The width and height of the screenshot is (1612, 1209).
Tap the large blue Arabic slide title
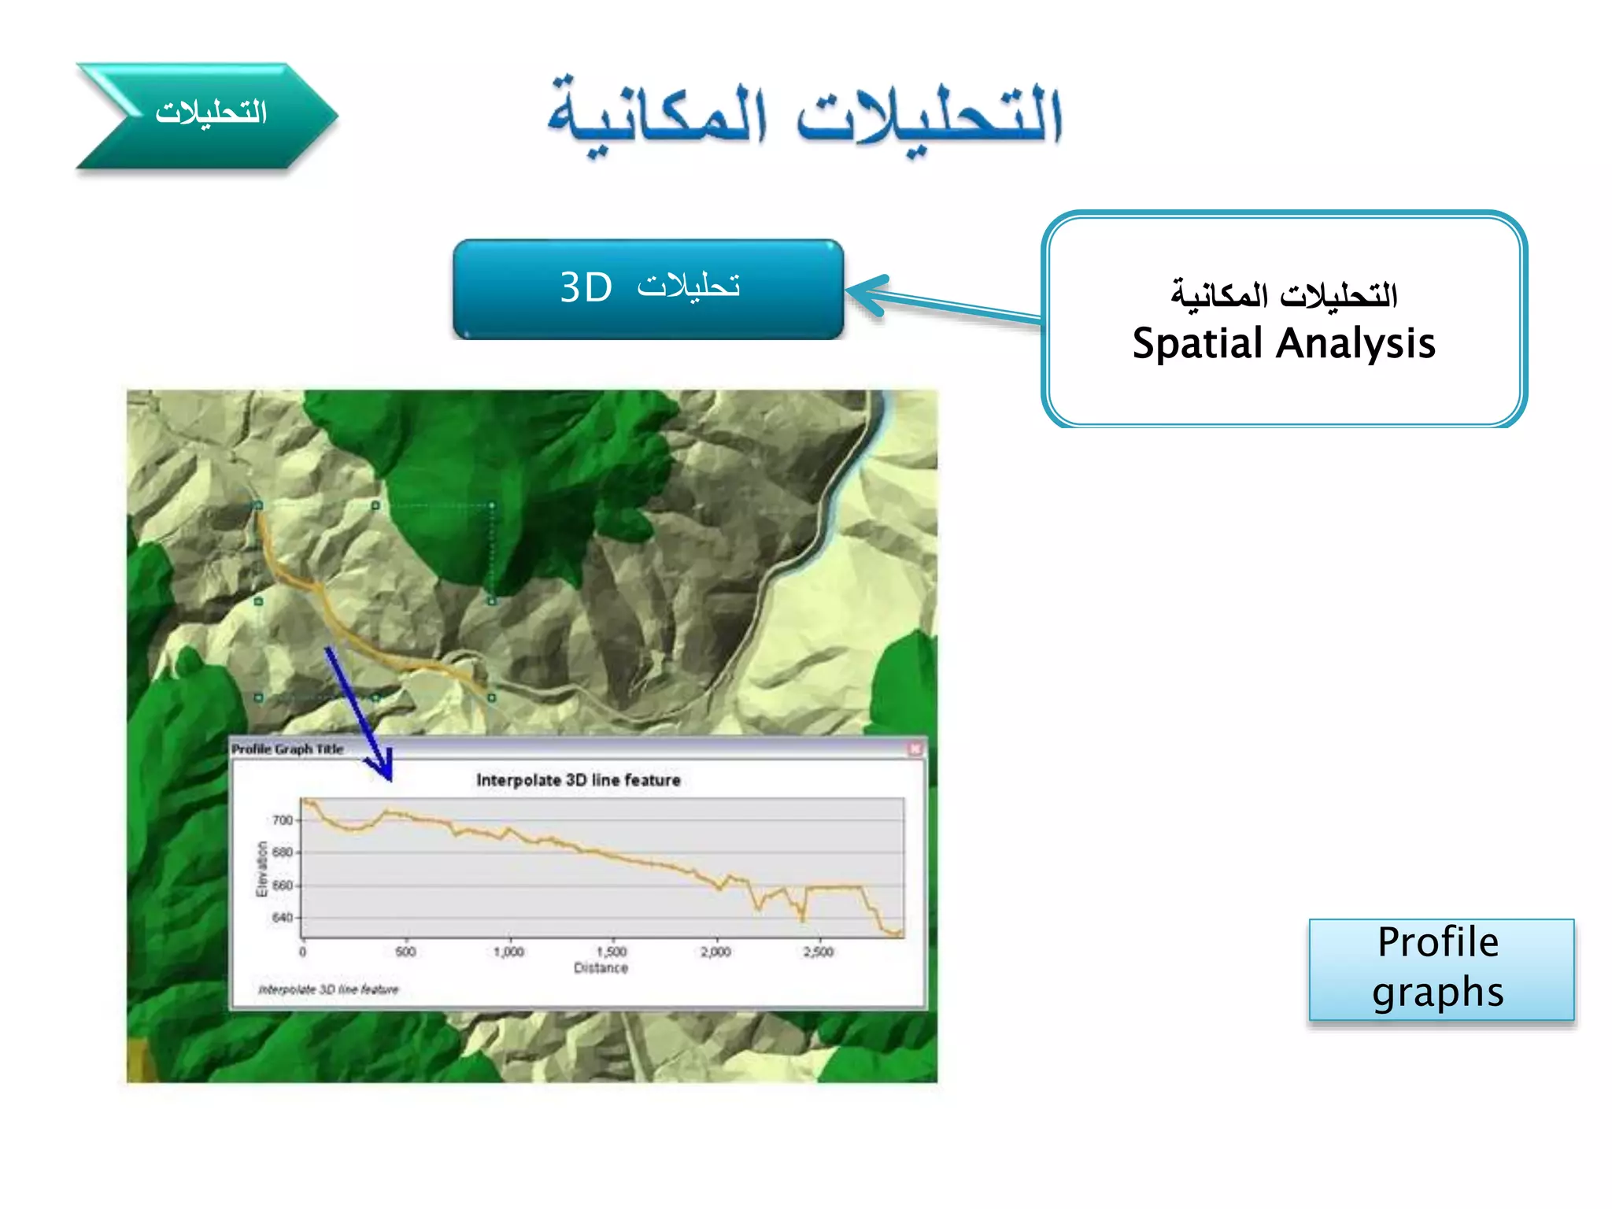pyautogui.click(x=804, y=116)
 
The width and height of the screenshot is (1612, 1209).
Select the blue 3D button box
pyautogui.click(x=648, y=289)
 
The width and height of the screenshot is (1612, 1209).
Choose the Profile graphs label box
pyautogui.click(x=1440, y=969)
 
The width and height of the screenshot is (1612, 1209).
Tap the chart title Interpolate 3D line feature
pyautogui.click(x=578, y=780)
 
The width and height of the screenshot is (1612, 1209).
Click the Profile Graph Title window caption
pyautogui.click(x=287, y=749)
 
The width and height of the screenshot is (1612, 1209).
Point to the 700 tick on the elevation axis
pyautogui.click(x=282, y=820)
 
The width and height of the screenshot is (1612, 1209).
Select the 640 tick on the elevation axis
pyautogui.click(x=282, y=918)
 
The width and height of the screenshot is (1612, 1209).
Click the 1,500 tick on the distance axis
pyautogui.click(x=612, y=952)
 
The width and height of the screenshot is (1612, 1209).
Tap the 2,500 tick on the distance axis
pyautogui.click(x=819, y=952)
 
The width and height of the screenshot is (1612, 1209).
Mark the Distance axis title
pyautogui.click(x=601, y=968)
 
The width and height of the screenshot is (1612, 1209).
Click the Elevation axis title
pyautogui.click(x=262, y=869)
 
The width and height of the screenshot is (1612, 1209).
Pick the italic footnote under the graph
pyautogui.click(x=328, y=989)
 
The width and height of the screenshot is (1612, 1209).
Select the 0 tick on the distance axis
pyautogui.click(x=303, y=952)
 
